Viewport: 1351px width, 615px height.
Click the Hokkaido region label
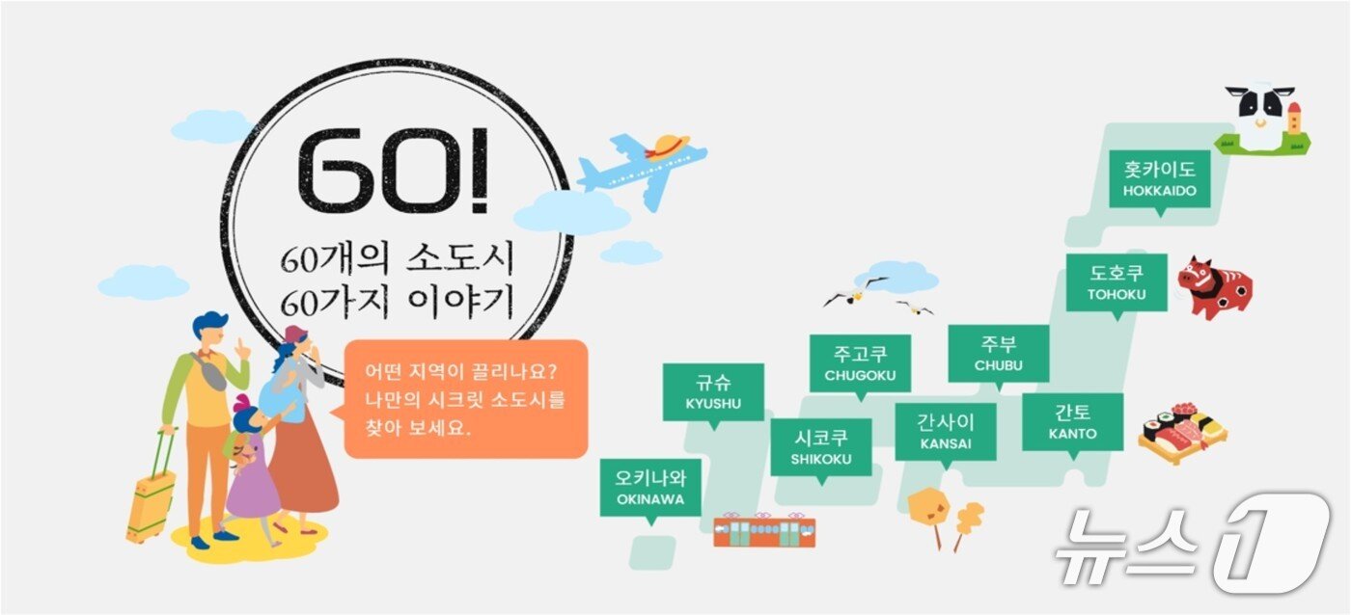tap(1159, 179)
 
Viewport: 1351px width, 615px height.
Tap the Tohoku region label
tap(1117, 282)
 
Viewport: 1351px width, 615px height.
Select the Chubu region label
tap(998, 354)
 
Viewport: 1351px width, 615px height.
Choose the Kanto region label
tap(1072, 422)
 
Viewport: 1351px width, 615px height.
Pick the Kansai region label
tap(945, 432)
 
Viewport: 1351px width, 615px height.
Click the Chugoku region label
tap(860, 362)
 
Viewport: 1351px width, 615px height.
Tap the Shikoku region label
tap(821, 447)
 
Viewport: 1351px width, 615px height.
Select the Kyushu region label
tap(713, 392)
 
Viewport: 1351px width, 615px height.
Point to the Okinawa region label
tap(650, 488)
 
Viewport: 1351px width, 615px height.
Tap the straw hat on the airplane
tap(669, 146)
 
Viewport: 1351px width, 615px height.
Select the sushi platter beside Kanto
tap(1182, 433)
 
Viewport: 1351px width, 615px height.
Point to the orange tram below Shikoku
tap(764, 531)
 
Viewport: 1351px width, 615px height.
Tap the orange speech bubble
tap(465, 398)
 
